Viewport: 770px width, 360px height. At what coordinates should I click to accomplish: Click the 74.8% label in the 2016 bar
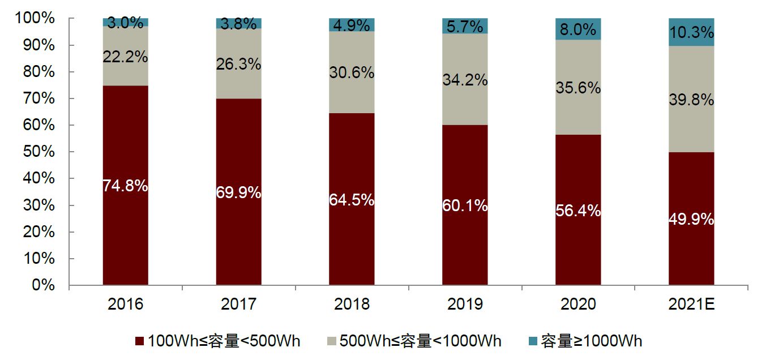click(x=125, y=186)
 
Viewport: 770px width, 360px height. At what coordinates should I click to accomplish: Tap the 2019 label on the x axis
click(x=465, y=305)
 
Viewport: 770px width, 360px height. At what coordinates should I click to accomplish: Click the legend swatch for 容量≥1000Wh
click(x=532, y=341)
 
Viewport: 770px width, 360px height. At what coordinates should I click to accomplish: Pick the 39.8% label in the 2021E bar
click(x=691, y=100)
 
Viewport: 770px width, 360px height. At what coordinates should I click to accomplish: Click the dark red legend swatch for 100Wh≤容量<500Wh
click(x=140, y=341)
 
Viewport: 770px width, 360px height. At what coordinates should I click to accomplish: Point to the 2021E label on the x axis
click(x=691, y=305)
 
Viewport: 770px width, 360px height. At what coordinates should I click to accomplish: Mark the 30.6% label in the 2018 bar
click(x=352, y=72)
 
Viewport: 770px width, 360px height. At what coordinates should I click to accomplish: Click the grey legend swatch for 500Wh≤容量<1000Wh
click(x=331, y=341)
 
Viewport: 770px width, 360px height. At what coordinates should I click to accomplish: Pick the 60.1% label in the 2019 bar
click(x=465, y=206)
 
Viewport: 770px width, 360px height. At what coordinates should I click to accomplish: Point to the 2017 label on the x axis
click(x=238, y=305)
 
